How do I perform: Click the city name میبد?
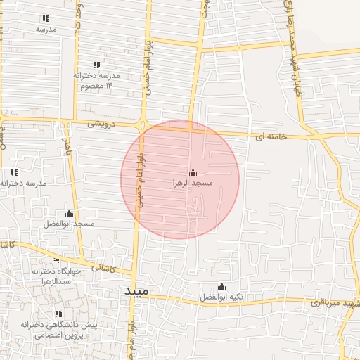pyautogui.click(x=137, y=290)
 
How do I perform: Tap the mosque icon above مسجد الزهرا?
pyautogui.click(x=193, y=172)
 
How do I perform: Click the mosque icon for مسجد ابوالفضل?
pyautogui.click(x=69, y=213)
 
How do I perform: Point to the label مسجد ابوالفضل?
pyautogui.click(x=69, y=224)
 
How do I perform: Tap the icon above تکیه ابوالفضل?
pyautogui.click(x=222, y=286)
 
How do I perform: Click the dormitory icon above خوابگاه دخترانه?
pyautogui.click(x=56, y=261)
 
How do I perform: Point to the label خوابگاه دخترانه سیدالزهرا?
pyautogui.click(x=56, y=276)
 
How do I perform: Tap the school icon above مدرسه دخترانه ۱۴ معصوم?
pyautogui.click(x=96, y=65)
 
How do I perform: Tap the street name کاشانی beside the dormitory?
pyautogui.click(x=101, y=268)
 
